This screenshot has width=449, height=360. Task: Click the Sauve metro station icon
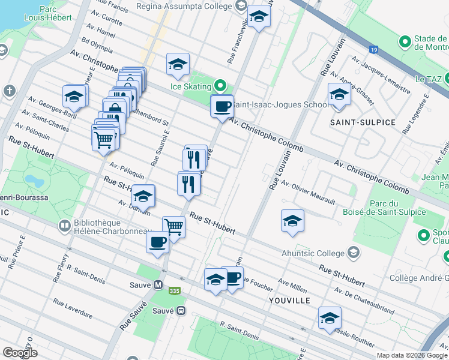[158, 285]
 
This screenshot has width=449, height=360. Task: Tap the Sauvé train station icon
[179, 311]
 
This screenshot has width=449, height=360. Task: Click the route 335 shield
[175, 291]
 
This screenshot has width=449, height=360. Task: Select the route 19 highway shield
[374, 50]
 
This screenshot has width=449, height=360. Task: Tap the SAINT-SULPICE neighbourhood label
[363, 122]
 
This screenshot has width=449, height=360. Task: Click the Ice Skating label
[192, 86]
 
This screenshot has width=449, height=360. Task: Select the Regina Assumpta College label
[184, 6]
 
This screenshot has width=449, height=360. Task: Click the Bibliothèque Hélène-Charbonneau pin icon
[64, 226]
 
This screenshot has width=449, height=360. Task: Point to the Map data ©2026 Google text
[411, 355]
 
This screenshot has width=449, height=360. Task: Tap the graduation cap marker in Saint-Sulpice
[339, 94]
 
